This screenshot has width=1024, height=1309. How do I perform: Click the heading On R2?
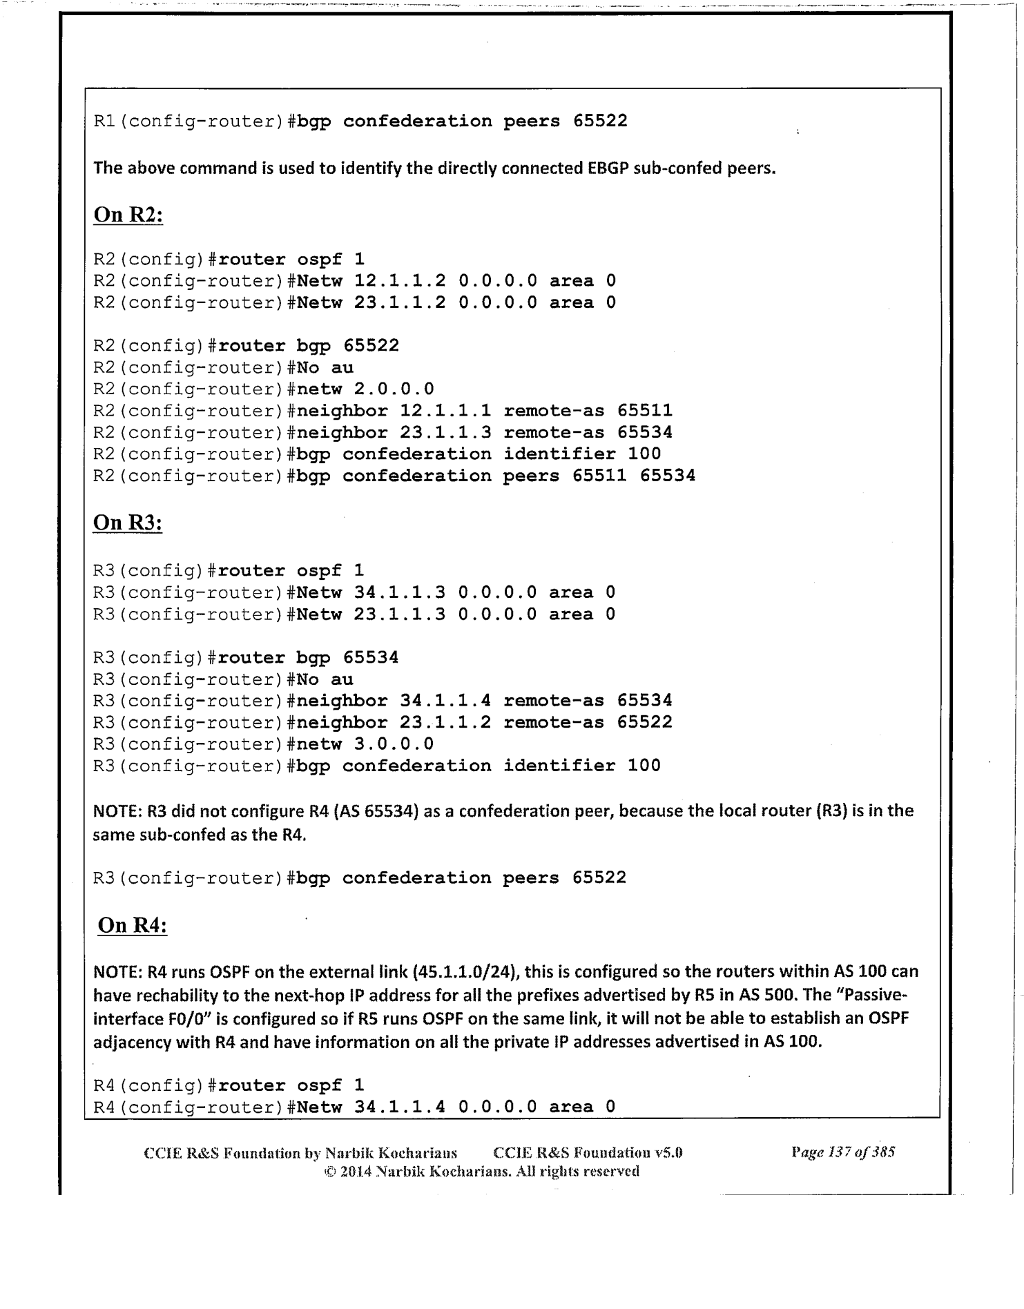[128, 215]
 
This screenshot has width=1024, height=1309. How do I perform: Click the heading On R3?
[128, 523]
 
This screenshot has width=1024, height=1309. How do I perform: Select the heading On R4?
[133, 924]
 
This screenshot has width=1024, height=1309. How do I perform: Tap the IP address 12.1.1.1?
[445, 411]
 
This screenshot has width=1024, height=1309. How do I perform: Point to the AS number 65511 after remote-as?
[645, 411]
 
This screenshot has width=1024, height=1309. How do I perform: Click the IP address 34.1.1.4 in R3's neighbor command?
[445, 701]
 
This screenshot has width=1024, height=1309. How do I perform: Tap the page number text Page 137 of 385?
[843, 1152]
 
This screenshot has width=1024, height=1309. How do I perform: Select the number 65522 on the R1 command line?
[600, 122]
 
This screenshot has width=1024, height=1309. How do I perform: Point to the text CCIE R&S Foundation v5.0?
[588, 1152]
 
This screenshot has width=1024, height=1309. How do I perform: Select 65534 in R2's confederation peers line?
[668, 476]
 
